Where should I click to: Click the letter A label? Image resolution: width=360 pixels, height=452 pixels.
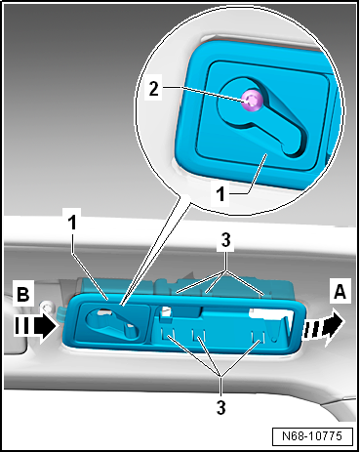pyautogui.click(x=340, y=291)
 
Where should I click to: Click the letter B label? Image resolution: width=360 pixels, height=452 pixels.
pyautogui.click(x=23, y=294)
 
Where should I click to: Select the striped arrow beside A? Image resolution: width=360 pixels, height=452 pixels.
pyautogui.click(x=323, y=326)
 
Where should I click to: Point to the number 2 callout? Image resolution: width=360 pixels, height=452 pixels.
pyautogui.click(x=153, y=88)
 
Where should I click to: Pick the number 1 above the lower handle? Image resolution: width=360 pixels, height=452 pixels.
pyautogui.click(x=72, y=223)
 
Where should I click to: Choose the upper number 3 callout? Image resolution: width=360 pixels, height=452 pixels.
pyautogui.click(x=225, y=240)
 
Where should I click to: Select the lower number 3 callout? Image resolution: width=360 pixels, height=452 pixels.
pyautogui.click(x=221, y=407)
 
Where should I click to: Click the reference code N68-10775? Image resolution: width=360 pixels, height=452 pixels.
pyautogui.click(x=312, y=436)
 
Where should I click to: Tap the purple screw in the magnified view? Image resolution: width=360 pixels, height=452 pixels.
pyautogui.click(x=253, y=100)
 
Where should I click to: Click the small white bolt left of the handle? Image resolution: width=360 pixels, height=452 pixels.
pyautogui.click(x=47, y=307)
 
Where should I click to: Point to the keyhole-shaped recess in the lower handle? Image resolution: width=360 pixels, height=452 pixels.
pyautogui.click(x=111, y=324)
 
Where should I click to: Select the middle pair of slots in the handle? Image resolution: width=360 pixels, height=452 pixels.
pyautogui.click(x=198, y=334)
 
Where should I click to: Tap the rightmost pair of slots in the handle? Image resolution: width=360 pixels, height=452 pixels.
pyautogui.click(x=258, y=336)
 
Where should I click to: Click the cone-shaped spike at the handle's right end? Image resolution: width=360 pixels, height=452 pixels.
pyautogui.click(x=275, y=331)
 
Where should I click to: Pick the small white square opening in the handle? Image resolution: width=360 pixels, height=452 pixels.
pyautogui.click(x=167, y=311)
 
